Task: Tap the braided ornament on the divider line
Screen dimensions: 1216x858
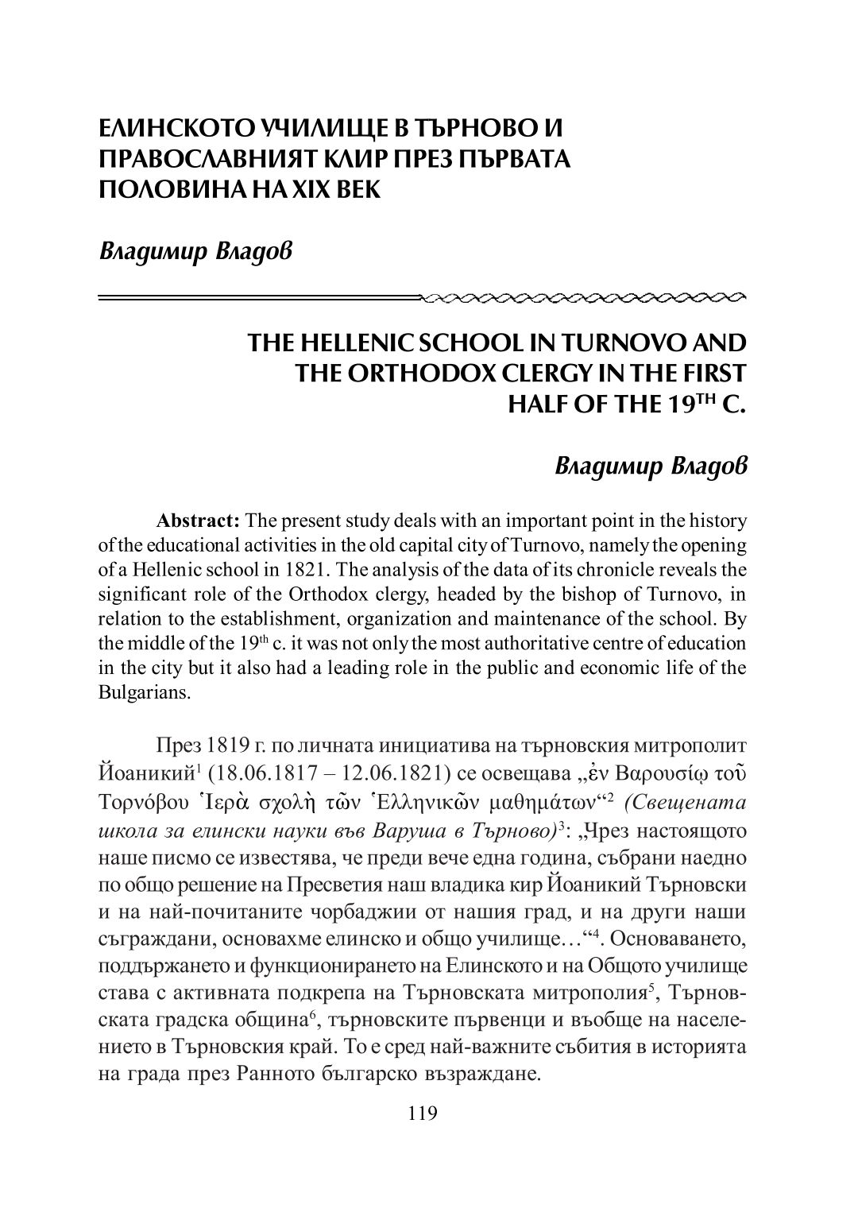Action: click(584, 298)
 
